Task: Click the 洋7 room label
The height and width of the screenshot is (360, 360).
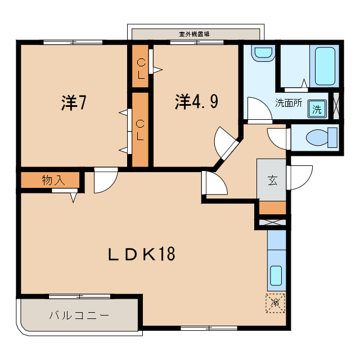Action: click(73, 102)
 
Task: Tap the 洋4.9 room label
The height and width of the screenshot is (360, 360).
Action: click(196, 101)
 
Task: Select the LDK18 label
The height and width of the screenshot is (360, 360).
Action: click(142, 254)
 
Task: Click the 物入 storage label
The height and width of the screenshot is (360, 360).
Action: click(53, 181)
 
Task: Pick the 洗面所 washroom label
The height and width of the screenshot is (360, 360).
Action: click(289, 103)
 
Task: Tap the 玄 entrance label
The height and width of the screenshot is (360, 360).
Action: click(272, 180)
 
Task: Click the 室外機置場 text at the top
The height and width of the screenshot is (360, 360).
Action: click(194, 34)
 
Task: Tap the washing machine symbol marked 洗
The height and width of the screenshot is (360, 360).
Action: click(317, 109)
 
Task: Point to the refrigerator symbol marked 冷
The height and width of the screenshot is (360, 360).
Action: click(275, 303)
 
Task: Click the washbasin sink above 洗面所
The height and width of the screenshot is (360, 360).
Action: click(262, 54)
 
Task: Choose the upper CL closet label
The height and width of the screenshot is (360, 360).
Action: click(140, 66)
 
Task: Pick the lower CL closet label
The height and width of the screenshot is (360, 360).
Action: click(140, 129)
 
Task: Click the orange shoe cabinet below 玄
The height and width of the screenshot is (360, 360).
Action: click(272, 207)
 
